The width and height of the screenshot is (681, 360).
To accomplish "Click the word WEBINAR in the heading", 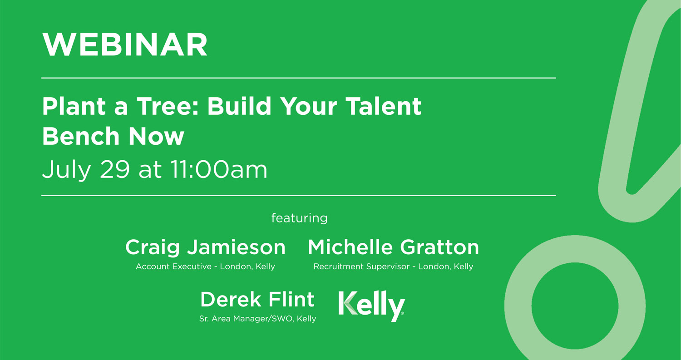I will click(x=125, y=44).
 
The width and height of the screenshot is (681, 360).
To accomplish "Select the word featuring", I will click(x=299, y=218).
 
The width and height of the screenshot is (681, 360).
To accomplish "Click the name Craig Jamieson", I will click(x=205, y=247).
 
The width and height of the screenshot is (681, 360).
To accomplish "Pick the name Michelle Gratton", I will click(x=393, y=247).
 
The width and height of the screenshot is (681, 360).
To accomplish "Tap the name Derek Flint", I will click(x=257, y=300).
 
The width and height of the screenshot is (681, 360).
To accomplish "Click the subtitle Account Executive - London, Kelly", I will click(x=205, y=266).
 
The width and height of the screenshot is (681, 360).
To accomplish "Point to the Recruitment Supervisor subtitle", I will click(x=393, y=266).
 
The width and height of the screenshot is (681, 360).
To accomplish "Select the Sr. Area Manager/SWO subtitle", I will click(x=257, y=319).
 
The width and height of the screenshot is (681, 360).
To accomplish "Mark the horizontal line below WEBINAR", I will click(x=298, y=78).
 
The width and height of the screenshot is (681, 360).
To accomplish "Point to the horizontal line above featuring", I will click(x=298, y=195).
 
